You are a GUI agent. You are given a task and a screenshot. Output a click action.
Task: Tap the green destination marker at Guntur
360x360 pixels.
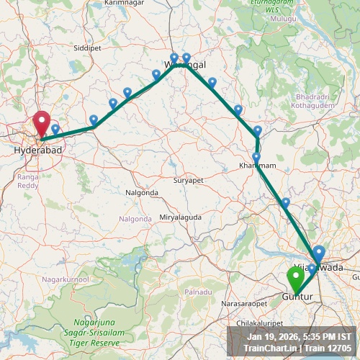click(295, 277)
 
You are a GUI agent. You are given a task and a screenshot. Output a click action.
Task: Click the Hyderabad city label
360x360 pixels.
click(37, 150)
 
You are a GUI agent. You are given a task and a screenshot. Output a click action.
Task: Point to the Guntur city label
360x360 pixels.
click(296, 296)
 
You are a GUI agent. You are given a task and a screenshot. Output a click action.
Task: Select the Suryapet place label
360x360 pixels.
click(189, 181)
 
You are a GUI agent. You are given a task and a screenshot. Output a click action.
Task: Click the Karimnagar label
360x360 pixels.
click(125, 3)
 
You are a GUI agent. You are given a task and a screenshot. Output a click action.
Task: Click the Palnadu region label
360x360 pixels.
click(197, 292)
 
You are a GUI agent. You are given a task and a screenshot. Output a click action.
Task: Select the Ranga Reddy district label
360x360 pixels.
click(29, 180)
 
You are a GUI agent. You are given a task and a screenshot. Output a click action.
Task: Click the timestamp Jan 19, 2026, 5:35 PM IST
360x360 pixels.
click(299, 336)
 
